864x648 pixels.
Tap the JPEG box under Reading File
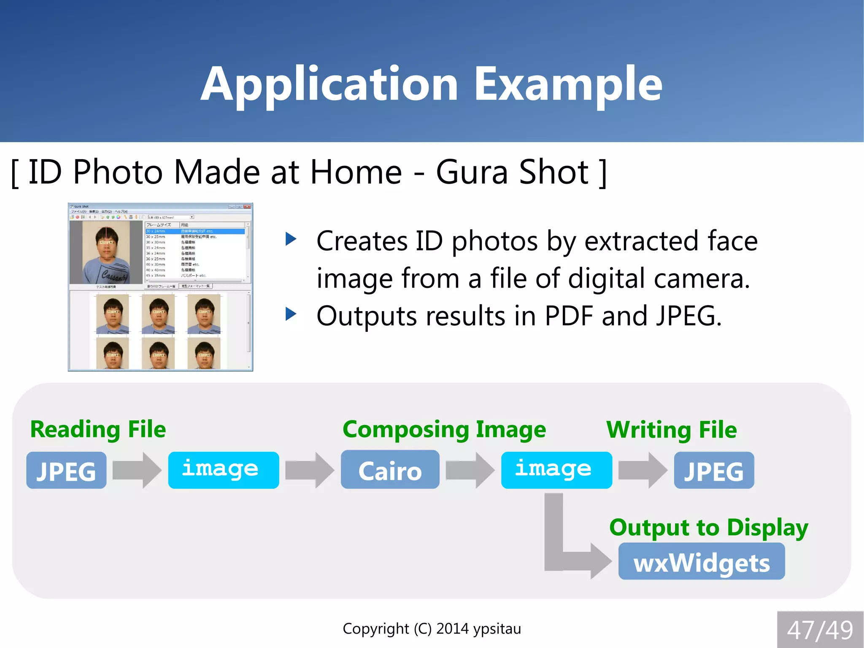pyautogui.click(x=66, y=470)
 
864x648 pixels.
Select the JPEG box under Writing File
pyautogui.click(x=714, y=470)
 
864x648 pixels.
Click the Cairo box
pyautogui.click(x=390, y=470)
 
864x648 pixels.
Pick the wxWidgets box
pyautogui.click(x=701, y=561)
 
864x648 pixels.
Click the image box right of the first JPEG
pyautogui.click(x=223, y=470)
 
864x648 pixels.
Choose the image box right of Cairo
pyautogui.click(x=556, y=470)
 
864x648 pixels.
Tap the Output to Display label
pyautogui.click(x=709, y=528)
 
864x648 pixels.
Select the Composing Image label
pyautogui.click(x=444, y=430)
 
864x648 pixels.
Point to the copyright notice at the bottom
pyautogui.click(x=432, y=629)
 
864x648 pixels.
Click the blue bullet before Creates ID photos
pyautogui.click(x=291, y=239)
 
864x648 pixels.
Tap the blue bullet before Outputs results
pyautogui.click(x=291, y=314)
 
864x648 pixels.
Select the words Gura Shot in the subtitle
pyautogui.click(x=512, y=172)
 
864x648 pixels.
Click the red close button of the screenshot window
pyautogui.click(x=247, y=206)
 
